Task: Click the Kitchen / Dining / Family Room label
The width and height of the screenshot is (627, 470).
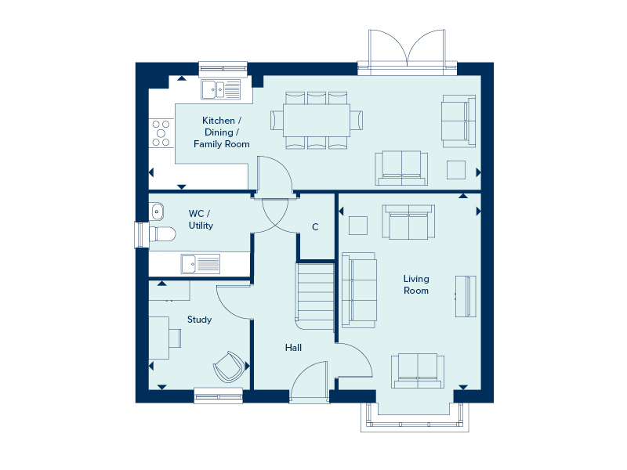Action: click(x=222, y=132)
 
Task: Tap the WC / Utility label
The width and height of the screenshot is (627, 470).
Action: click(x=201, y=219)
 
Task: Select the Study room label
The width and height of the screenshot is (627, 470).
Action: click(x=199, y=320)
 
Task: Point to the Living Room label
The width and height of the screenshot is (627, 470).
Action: click(x=416, y=284)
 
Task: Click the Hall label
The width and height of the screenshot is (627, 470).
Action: click(x=293, y=348)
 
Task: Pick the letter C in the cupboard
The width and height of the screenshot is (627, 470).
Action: click(x=315, y=227)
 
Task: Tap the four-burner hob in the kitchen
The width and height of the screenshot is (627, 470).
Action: click(x=161, y=132)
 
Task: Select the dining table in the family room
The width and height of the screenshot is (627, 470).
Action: click(x=317, y=120)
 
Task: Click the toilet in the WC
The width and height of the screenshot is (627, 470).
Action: click(x=161, y=233)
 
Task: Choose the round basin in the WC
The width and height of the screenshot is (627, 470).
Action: click(x=157, y=210)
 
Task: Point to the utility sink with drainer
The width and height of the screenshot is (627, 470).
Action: click(x=200, y=263)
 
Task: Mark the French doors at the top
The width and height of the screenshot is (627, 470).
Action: click(x=406, y=52)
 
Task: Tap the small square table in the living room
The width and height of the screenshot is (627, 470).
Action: click(x=358, y=225)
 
